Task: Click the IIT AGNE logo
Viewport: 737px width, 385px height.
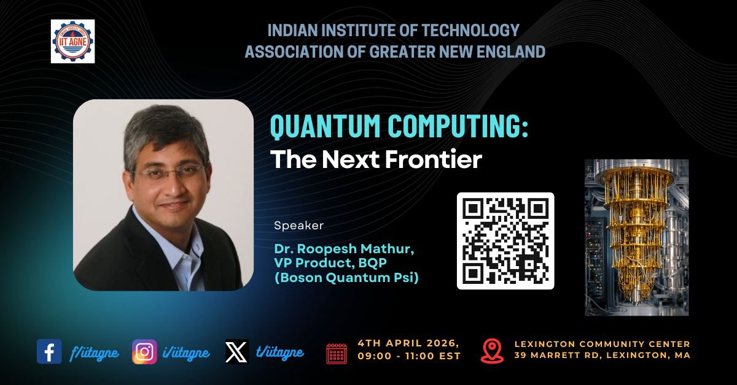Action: pos(72,40)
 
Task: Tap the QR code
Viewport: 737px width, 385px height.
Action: pos(505,240)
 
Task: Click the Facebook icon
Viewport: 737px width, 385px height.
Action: pos(49,352)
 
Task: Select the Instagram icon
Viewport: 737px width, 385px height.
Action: pos(144,352)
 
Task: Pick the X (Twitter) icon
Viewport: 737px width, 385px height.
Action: pos(236,352)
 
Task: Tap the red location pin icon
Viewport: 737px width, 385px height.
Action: pos(492,350)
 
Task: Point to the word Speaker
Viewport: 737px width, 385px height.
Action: pos(298,226)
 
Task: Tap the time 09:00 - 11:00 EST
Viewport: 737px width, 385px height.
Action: pos(408,356)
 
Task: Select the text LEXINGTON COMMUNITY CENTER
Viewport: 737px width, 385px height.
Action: pos(602,344)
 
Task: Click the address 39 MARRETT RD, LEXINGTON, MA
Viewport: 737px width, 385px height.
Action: pos(602,356)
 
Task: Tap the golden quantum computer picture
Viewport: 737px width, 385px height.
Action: pos(636,237)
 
